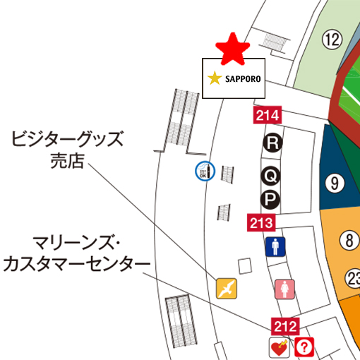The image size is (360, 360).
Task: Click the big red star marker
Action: coord(233,47)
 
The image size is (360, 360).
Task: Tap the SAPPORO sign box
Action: coord(234,78)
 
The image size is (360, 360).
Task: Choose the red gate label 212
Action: coord(286,326)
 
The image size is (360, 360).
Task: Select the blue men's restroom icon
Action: coord(275,247)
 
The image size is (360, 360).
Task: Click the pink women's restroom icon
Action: coord(285,289)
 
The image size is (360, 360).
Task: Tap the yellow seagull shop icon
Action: coord(227,288)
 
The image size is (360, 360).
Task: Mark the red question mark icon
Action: coord(305,347)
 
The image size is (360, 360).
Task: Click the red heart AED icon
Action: coord(279,347)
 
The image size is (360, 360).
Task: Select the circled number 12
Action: coord(332,40)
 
